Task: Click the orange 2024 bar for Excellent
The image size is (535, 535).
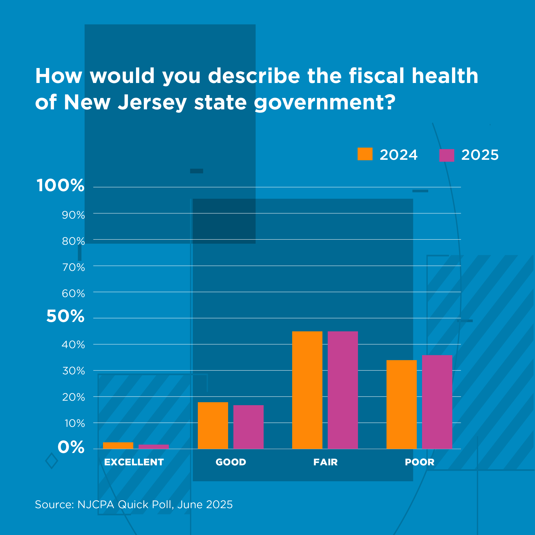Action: click(118, 446)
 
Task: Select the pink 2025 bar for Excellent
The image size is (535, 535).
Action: click(153, 447)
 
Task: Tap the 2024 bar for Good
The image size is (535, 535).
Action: click(213, 425)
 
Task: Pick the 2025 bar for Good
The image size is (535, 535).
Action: click(248, 427)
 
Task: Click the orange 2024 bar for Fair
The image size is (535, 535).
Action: click(307, 390)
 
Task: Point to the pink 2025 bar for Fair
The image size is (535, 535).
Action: click(343, 390)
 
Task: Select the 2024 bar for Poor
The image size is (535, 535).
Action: click(401, 404)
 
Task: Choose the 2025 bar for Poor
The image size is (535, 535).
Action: click(437, 402)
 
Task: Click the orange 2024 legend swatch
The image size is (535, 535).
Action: click(365, 154)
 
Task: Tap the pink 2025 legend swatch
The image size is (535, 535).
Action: click(447, 155)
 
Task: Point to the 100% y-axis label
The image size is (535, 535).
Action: click(60, 185)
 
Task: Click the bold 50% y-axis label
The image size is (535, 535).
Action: click(65, 316)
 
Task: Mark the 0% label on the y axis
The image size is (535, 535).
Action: click(71, 447)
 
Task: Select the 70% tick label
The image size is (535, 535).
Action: click(73, 267)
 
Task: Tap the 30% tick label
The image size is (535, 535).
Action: click(73, 371)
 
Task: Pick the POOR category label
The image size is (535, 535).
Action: click(419, 462)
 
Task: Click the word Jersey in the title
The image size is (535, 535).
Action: click(152, 102)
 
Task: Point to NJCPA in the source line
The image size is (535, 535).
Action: click(96, 505)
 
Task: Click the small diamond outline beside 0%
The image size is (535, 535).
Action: click(52, 461)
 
